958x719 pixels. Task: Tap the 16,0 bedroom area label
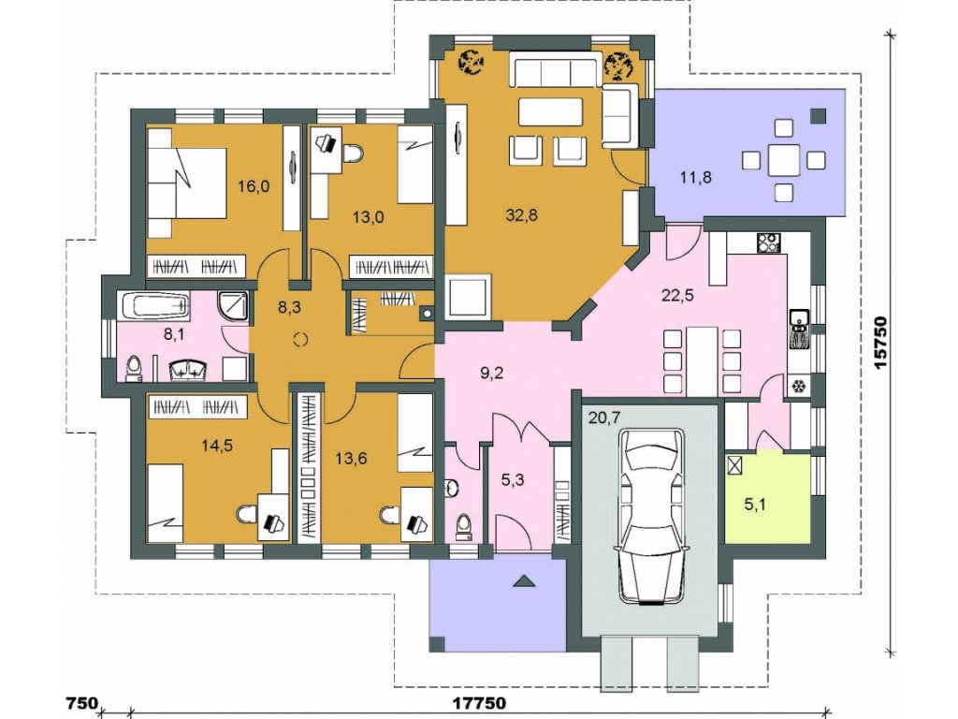pos(254,186)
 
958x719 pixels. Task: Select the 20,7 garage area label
pos(605,418)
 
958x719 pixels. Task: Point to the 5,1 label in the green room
pos(756,505)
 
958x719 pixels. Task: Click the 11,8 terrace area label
pos(696,178)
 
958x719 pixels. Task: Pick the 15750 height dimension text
pos(880,343)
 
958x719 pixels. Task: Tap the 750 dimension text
pos(81,702)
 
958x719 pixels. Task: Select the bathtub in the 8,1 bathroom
pos(156,306)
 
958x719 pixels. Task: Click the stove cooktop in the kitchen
pos(769,243)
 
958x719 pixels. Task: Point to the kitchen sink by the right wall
pos(799,330)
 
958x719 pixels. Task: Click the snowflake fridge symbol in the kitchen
pos(797,387)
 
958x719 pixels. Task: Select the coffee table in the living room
pos(550,111)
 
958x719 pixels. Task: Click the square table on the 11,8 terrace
pos(784,161)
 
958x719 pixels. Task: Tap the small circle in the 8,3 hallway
pos(300,340)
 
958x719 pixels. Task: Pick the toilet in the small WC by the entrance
pos(464,527)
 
